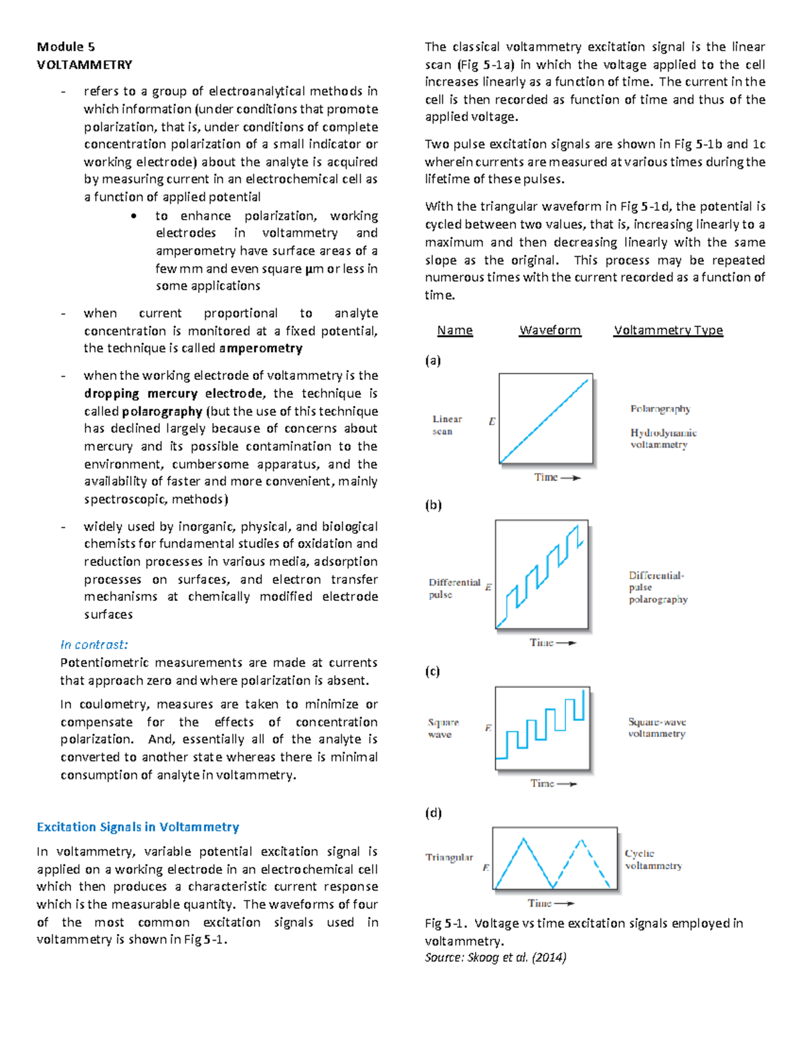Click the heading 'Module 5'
point(66,47)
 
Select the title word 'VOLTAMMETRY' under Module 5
point(84,65)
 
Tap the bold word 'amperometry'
point(260,349)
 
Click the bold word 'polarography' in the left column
point(162,411)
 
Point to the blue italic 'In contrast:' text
point(94,645)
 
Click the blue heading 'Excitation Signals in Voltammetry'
point(138,827)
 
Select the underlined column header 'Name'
point(455,330)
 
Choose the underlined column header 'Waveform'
point(550,330)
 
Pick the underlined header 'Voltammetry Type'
point(668,330)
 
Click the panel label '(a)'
point(433,361)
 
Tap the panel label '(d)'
point(433,813)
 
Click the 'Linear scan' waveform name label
point(446,425)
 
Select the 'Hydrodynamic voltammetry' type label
point(663,438)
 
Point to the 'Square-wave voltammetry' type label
point(656,728)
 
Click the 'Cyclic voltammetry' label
point(652,859)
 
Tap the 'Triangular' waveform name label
point(449,857)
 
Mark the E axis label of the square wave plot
point(488,728)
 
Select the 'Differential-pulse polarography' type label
point(658,587)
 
